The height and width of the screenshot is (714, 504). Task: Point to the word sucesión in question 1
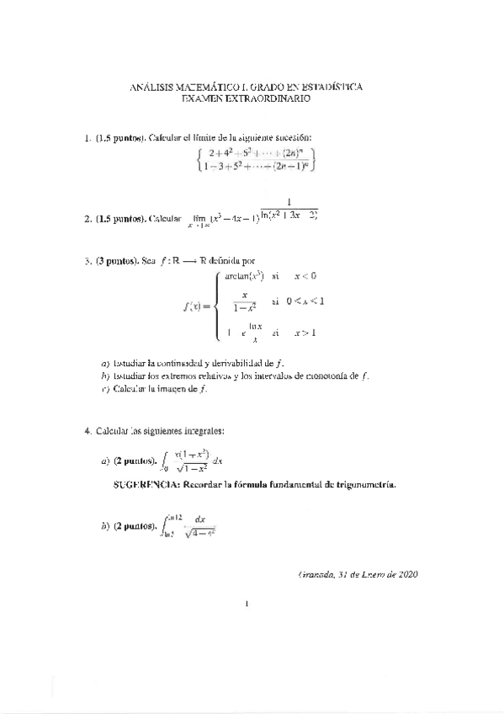tap(293, 137)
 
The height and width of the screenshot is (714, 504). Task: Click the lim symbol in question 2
tap(200, 217)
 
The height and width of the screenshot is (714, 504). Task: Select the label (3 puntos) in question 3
tap(115, 262)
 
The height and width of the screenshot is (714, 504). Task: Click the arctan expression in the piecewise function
tap(245, 274)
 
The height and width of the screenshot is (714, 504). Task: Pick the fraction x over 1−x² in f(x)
tap(244, 301)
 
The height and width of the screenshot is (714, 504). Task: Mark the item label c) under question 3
tap(104, 388)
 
